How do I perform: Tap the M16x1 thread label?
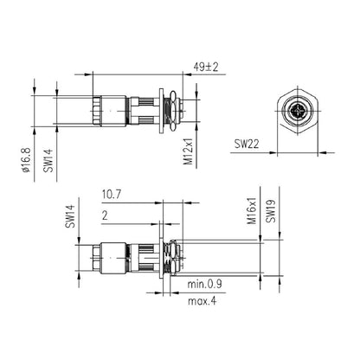[x=254, y=208]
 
